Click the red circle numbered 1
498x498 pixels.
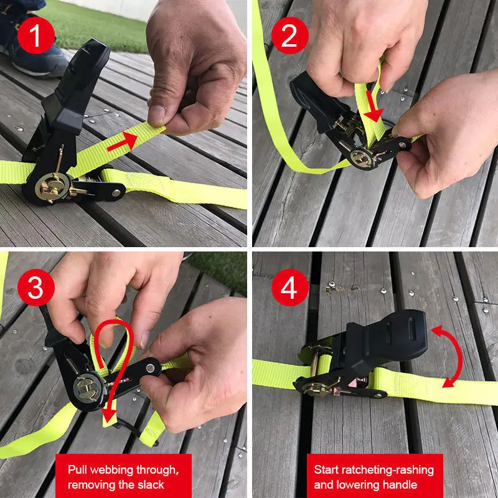(35, 35)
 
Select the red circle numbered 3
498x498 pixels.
(35, 287)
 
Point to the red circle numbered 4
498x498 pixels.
(289, 287)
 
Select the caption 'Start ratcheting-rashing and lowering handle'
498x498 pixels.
(374, 476)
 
